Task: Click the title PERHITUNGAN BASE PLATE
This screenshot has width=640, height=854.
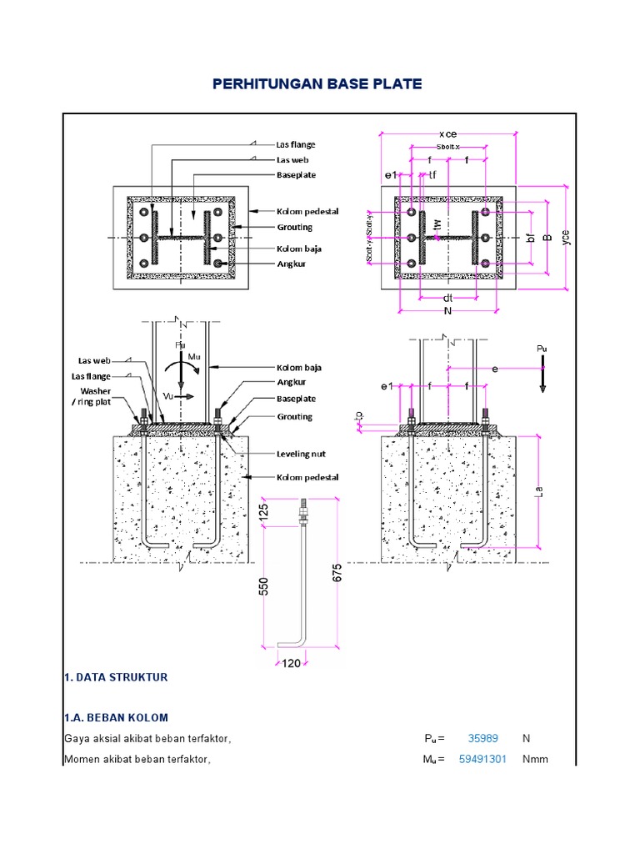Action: [x=317, y=84]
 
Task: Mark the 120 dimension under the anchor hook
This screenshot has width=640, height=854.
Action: [x=291, y=664]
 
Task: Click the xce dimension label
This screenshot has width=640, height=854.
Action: [x=448, y=134]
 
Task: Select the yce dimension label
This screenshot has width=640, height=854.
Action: [x=567, y=237]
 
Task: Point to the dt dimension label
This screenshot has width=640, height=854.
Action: [x=447, y=297]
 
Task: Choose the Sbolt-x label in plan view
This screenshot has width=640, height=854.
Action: [x=448, y=147]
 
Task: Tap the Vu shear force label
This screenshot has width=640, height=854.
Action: [x=167, y=397]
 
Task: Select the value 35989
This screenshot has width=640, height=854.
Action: [x=482, y=738]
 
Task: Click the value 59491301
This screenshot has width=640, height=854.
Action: [x=482, y=759]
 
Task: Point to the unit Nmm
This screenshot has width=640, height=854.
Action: [x=535, y=759]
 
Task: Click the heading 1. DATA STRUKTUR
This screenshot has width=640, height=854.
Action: [x=116, y=678]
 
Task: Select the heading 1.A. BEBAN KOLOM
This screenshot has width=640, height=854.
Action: [x=116, y=717]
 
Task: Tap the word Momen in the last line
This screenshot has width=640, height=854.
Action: [x=83, y=759]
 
